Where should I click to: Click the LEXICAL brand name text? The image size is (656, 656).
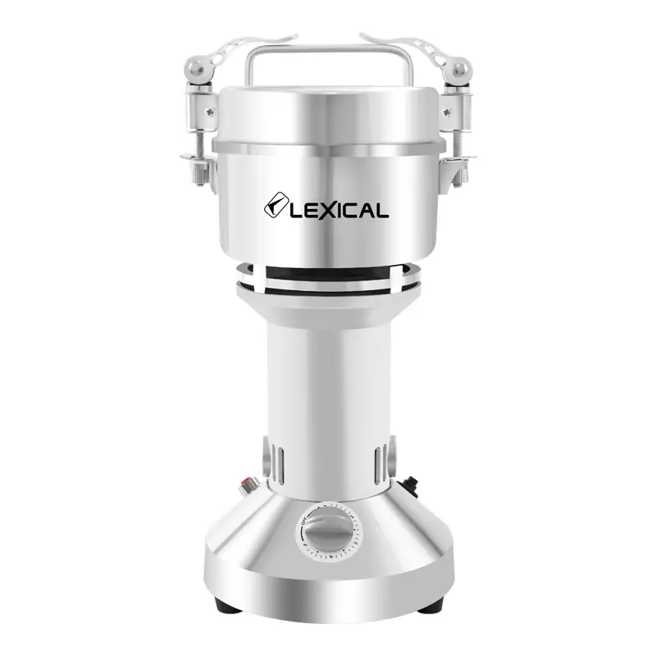[x=336, y=210]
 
